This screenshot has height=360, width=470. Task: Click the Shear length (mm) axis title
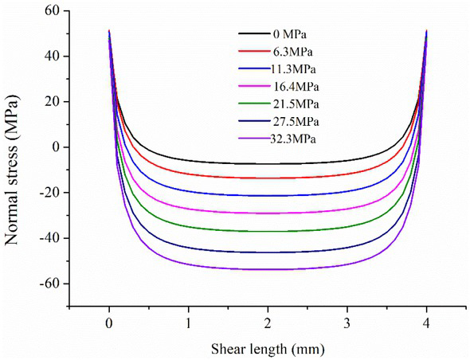268,348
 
